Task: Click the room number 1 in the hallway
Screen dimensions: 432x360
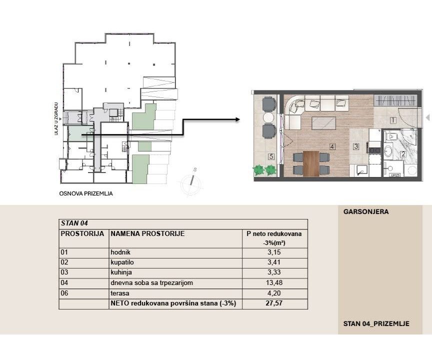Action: (393, 120)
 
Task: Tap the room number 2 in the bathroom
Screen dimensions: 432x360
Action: (403, 154)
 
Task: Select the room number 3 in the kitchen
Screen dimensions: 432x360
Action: (356, 146)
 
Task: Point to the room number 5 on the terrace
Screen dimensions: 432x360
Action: (271, 156)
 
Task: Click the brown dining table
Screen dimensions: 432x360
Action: (311, 163)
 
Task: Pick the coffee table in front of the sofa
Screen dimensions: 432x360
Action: (323, 123)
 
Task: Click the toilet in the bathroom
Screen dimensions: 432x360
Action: (390, 136)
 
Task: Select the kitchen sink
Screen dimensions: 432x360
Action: (361, 170)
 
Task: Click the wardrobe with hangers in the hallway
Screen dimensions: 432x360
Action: (395, 100)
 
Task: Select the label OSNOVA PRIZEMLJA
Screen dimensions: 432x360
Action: (86, 193)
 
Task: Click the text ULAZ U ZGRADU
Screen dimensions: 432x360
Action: (56, 118)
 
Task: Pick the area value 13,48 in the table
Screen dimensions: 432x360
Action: (274, 282)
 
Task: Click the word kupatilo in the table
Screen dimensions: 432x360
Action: (122, 262)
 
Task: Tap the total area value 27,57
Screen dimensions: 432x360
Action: (274, 303)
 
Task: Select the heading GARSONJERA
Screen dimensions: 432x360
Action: (366, 212)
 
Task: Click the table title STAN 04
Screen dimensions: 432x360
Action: (74, 223)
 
